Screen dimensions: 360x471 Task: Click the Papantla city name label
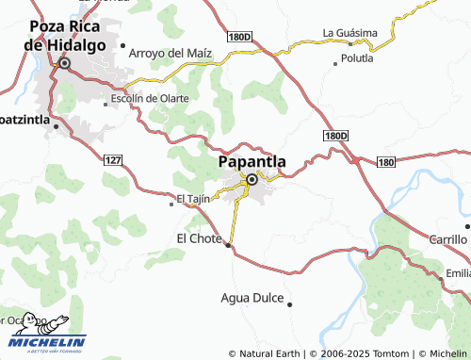[252, 161]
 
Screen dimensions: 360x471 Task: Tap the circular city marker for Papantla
[252, 180]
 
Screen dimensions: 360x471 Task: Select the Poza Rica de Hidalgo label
[64, 35]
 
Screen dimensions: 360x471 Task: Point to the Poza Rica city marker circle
[65, 64]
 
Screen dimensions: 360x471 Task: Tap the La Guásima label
[349, 32]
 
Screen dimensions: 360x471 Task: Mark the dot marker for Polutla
[336, 64]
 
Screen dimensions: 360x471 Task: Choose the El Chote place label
[199, 238]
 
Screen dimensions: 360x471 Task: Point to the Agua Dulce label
[252, 298]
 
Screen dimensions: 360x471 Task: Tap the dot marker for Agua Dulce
[290, 304]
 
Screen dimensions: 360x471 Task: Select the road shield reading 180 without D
[386, 162]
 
